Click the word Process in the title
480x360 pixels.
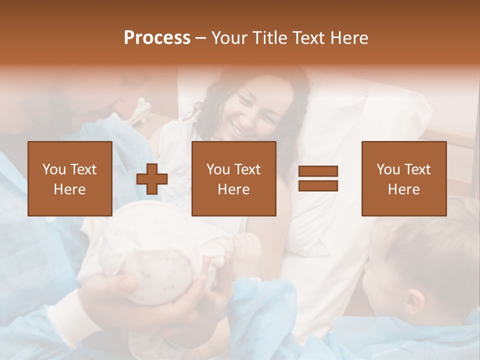click(x=157, y=38)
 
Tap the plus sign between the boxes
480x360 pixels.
click(x=152, y=178)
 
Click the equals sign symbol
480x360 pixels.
click(x=318, y=178)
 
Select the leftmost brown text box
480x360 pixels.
click(x=70, y=178)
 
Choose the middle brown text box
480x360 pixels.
click(x=234, y=178)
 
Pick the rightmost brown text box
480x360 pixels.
click(x=404, y=178)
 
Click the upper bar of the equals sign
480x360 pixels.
click(x=318, y=171)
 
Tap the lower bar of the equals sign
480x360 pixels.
click(x=318, y=186)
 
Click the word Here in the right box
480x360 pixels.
click(x=404, y=189)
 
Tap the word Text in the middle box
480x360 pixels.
click(x=247, y=169)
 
